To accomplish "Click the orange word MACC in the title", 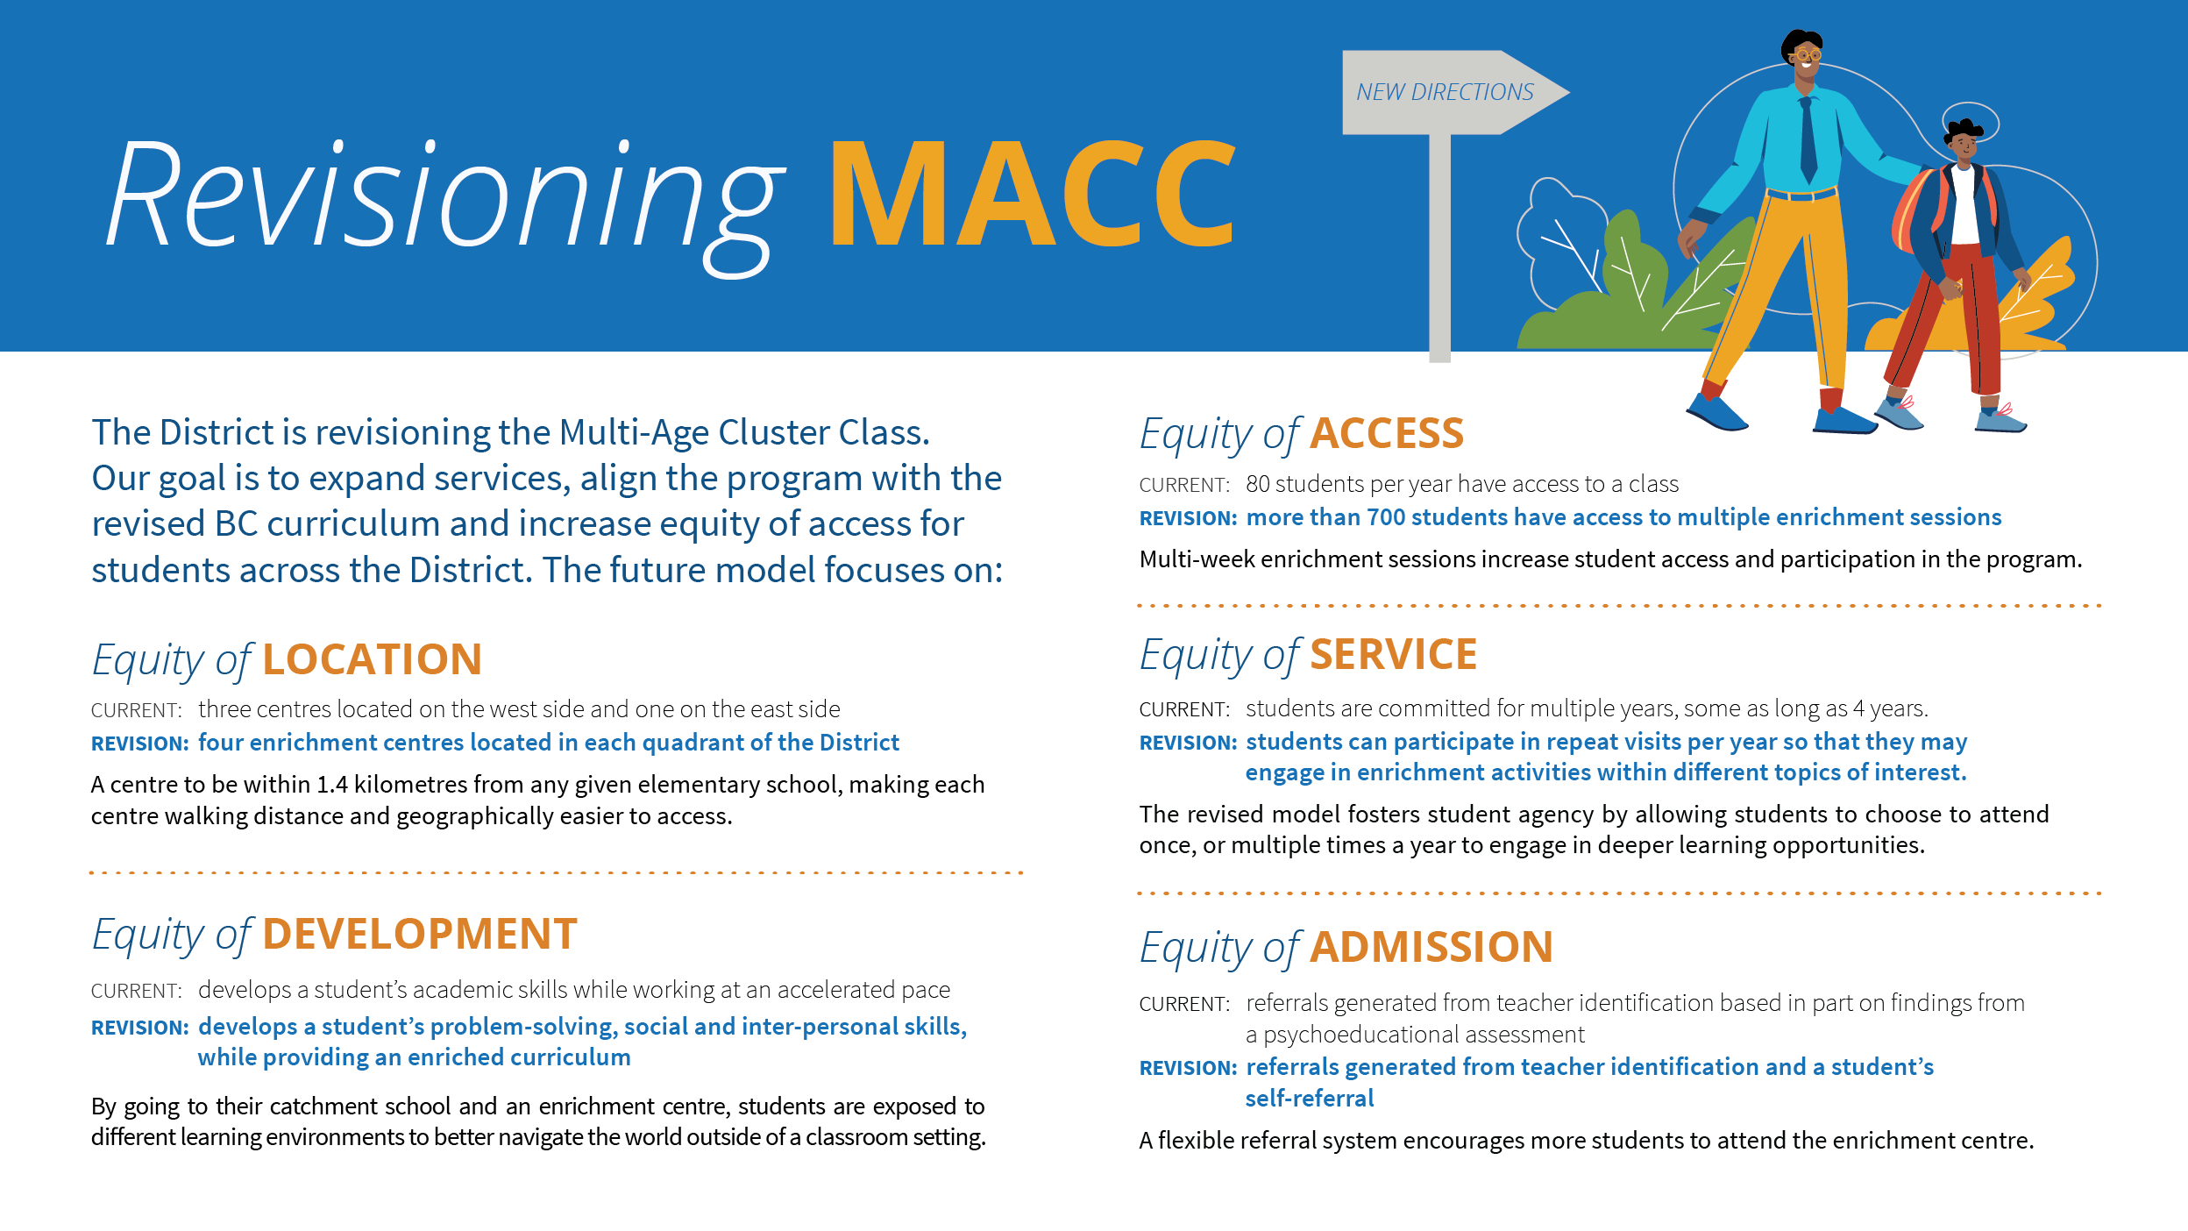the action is point(1033,194).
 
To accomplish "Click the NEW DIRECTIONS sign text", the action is point(1445,92).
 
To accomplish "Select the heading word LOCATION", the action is point(373,659).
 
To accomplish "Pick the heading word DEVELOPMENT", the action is point(420,934).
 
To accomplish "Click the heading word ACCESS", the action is point(1387,433).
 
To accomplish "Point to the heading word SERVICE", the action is point(1394,655).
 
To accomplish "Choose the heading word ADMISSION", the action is point(1431,947).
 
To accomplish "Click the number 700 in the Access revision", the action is point(1386,517).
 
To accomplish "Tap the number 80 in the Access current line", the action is point(1257,484).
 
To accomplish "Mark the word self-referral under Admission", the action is point(1310,1098).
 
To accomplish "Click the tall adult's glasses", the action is point(1808,55).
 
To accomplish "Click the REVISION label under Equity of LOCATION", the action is point(139,744).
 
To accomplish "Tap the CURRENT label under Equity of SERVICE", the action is point(1184,709).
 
